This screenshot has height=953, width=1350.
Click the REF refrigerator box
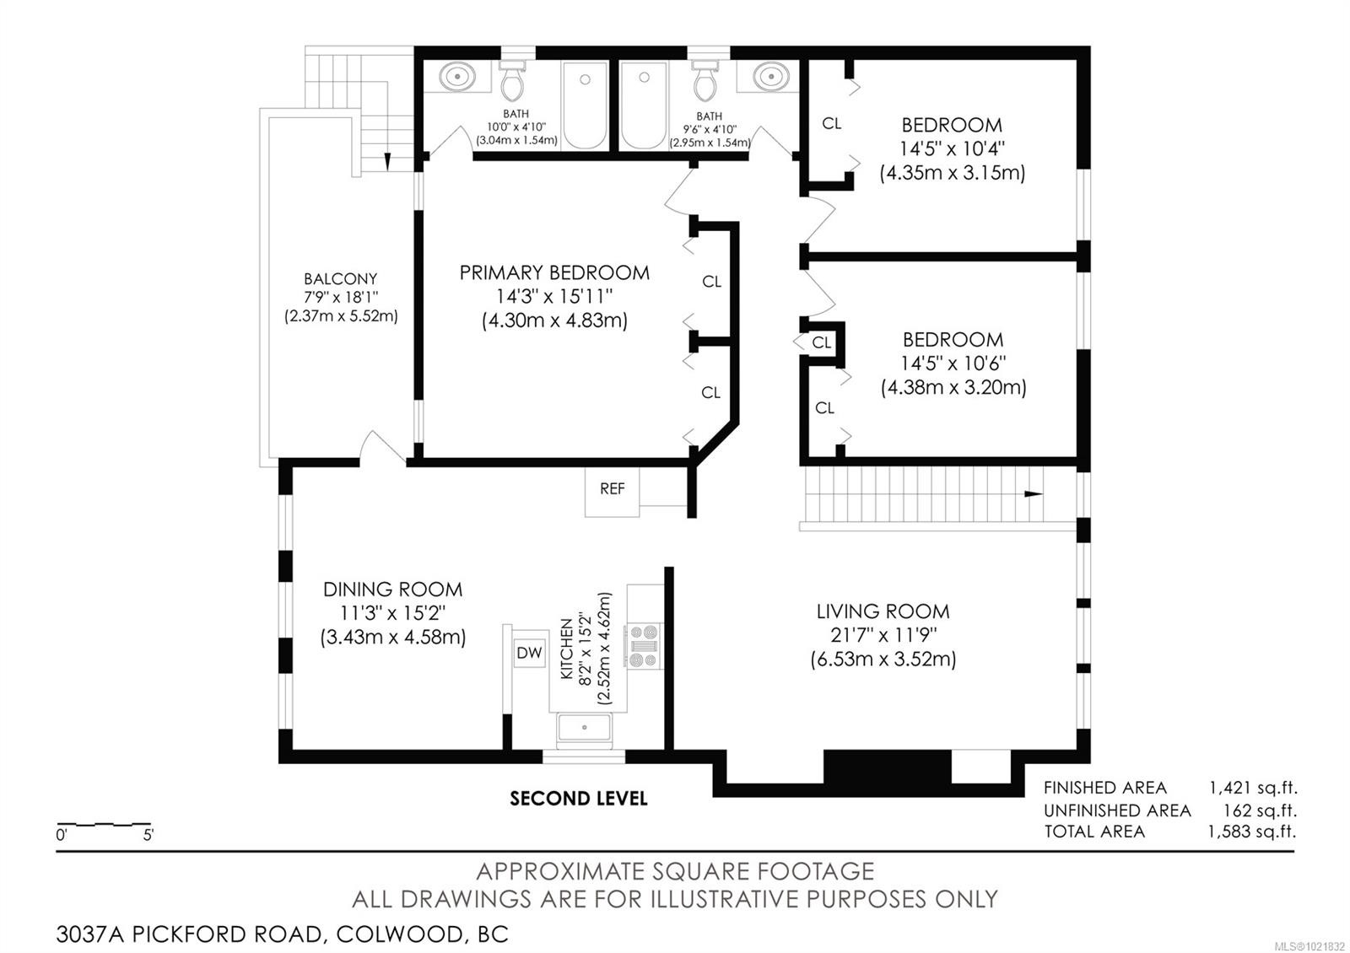pos(612,489)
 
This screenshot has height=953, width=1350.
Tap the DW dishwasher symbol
pos(529,653)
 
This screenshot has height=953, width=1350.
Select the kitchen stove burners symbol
pos(643,646)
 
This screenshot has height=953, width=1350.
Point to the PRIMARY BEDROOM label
pos(554,272)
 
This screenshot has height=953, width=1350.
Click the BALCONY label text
pos(340,279)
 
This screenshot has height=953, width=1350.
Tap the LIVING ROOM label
pos(883,611)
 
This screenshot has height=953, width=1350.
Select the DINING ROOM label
pos(392,590)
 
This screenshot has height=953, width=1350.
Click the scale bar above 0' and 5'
pos(103,823)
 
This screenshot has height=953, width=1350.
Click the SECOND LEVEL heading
pos(578,798)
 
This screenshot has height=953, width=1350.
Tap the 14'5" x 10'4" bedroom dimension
pos(953,149)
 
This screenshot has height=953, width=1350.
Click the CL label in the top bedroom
pos(831,124)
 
